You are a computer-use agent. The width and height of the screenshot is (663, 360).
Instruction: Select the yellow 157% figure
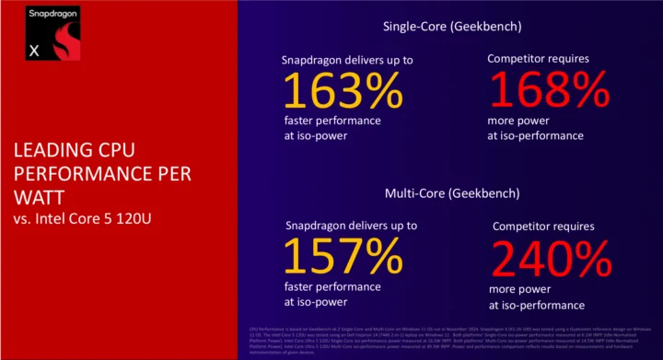(342, 261)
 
